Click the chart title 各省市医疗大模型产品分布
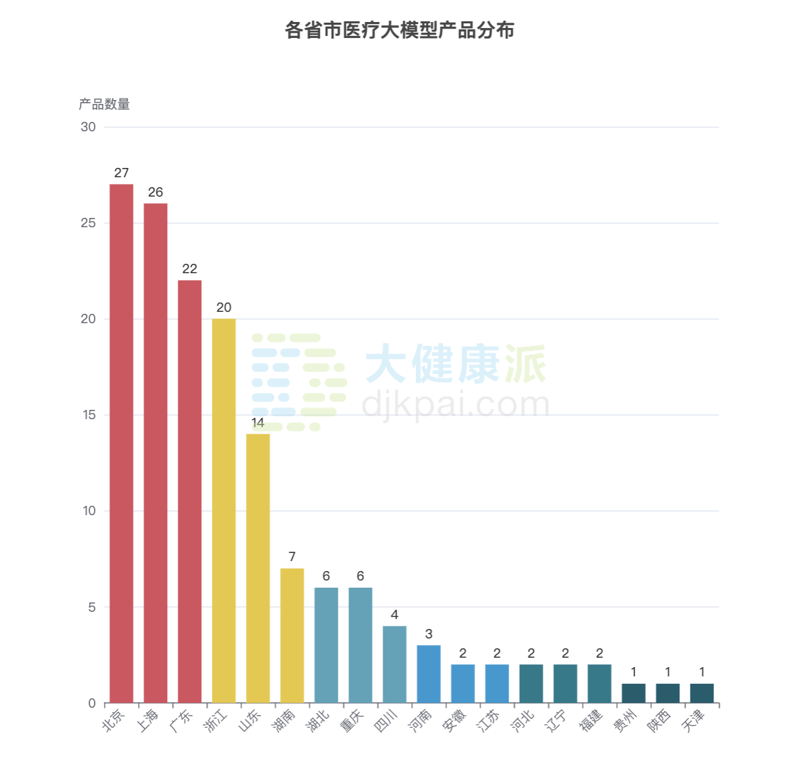pyautogui.click(x=399, y=31)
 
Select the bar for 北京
pyautogui.click(x=121, y=443)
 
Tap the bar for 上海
pyautogui.click(x=155, y=453)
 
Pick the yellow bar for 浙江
pyautogui.click(x=224, y=510)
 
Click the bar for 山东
pyautogui.click(x=258, y=568)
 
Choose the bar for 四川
pyautogui.click(x=395, y=664)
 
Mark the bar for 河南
pyautogui.click(x=428, y=674)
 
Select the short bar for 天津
pyautogui.click(x=702, y=693)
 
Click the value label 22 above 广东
pyautogui.click(x=190, y=269)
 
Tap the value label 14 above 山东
pyautogui.click(x=258, y=422)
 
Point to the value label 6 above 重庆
pyautogui.click(x=361, y=576)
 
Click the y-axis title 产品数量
pyautogui.click(x=104, y=104)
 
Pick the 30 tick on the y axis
pyautogui.click(x=88, y=127)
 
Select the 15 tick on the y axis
pyautogui.click(x=89, y=415)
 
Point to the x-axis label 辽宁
pyautogui.click(x=556, y=720)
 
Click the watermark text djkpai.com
pyautogui.click(x=456, y=404)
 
